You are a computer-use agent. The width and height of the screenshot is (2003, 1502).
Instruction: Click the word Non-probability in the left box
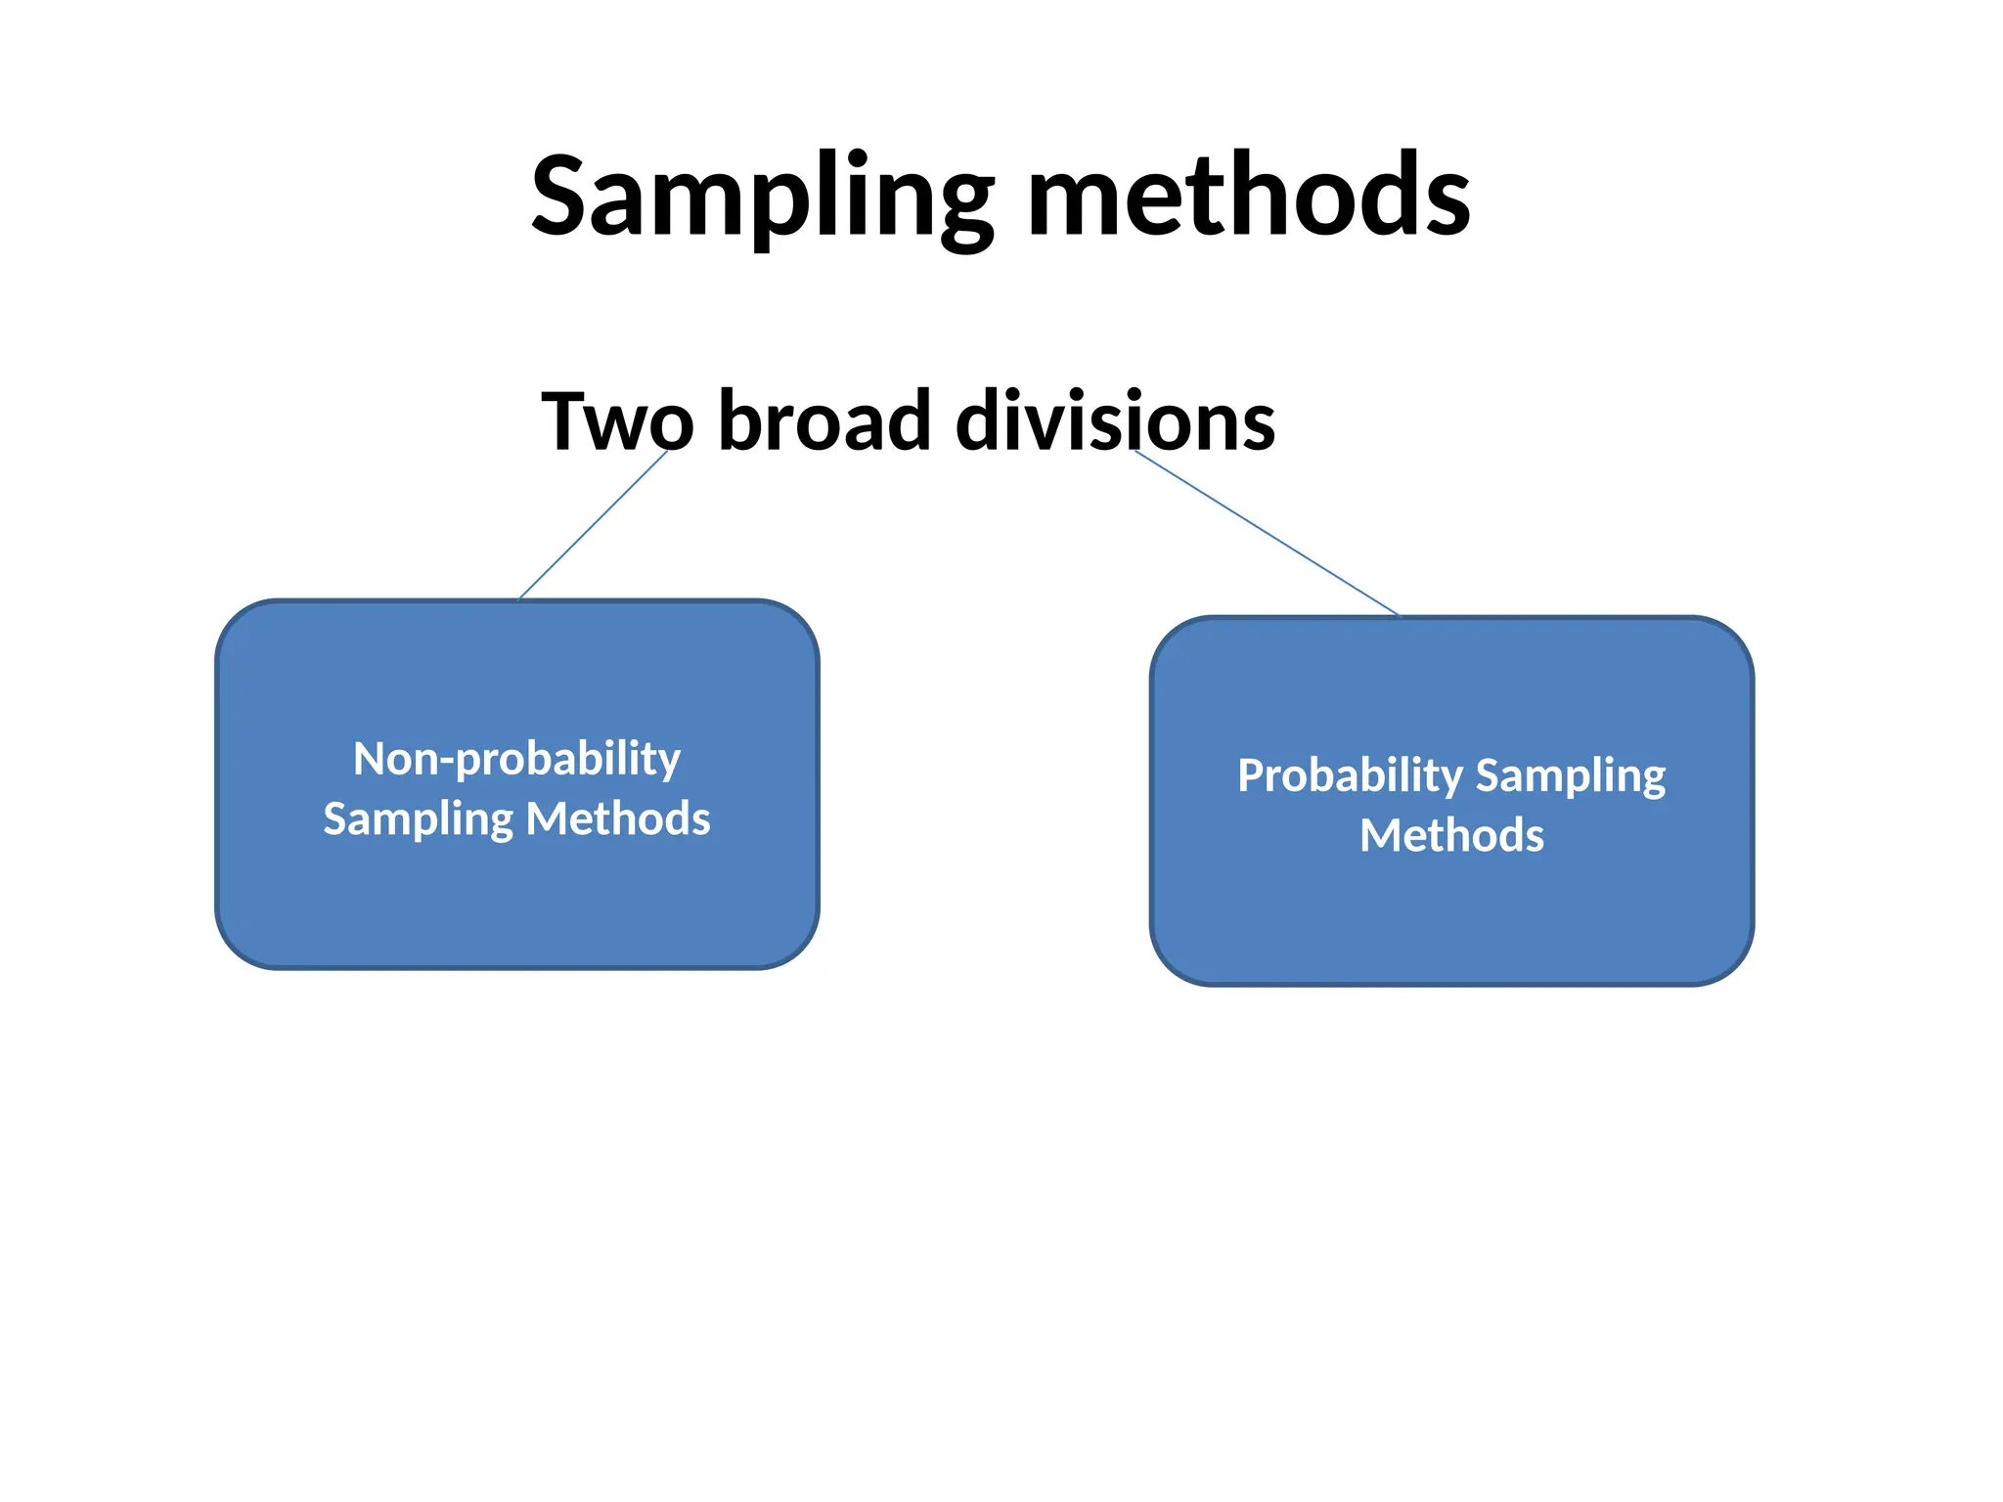pos(516,759)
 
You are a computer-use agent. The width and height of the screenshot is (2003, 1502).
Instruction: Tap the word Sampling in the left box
pos(418,819)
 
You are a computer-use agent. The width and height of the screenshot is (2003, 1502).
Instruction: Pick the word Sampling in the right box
pos(1570,776)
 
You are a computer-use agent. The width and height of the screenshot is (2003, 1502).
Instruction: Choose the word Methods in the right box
pos(1451,836)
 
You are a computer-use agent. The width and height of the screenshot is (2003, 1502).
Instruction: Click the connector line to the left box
pos(594,524)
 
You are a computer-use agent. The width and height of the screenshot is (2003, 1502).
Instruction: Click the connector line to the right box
pos(1267,534)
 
